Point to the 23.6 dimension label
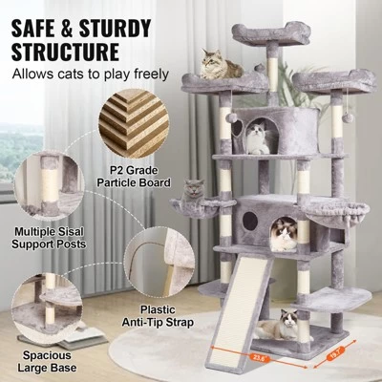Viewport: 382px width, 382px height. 255,359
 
